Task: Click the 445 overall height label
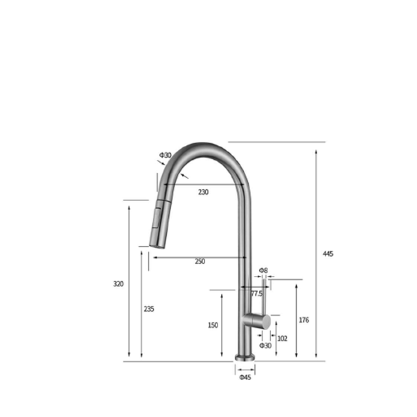coord(328,254)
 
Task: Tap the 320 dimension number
coord(118,284)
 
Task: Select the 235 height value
coord(149,309)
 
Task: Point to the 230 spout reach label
coord(203,192)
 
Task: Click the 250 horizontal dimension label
coord(200,261)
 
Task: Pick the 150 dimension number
coord(213,325)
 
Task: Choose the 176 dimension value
coord(304,320)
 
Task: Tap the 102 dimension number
coord(282,338)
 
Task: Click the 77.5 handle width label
coord(256,293)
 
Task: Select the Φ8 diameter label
coord(263,270)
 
